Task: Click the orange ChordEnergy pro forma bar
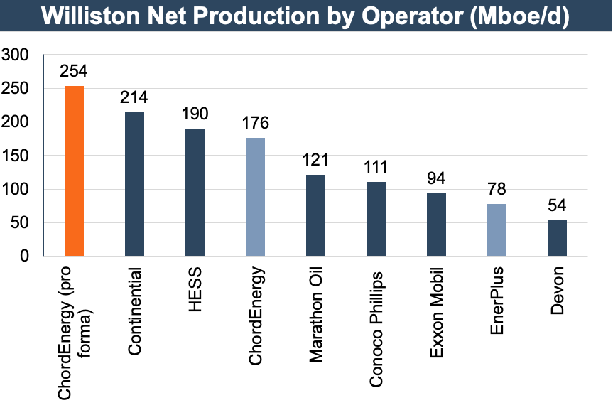click(x=75, y=171)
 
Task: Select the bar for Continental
click(x=135, y=184)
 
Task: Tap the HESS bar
click(x=195, y=193)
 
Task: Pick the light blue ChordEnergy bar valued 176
click(x=256, y=197)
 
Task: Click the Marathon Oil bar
click(x=316, y=215)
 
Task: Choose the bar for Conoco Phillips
click(x=376, y=219)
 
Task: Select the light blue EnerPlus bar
click(x=497, y=230)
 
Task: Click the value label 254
click(x=75, y=72)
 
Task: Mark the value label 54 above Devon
click(x=558, y=207)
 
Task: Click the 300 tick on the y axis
click(x=16, y=55)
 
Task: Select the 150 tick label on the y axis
click(x=16, y=156)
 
